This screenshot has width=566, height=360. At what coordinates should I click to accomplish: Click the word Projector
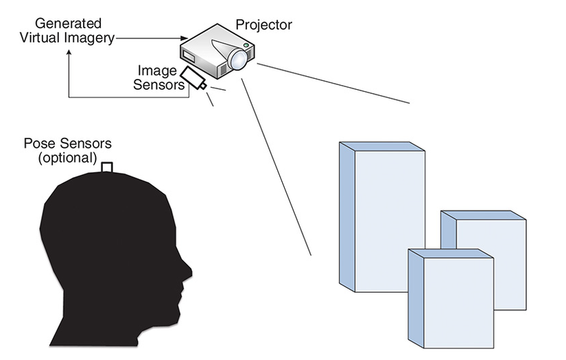pos(263,25)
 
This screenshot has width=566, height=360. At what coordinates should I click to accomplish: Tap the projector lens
pos(239,60)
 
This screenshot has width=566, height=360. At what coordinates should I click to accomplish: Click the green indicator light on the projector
pos(245,45)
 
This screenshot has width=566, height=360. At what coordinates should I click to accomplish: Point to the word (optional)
pos(67,158)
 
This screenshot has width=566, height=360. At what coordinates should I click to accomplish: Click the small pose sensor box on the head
pos(106,167)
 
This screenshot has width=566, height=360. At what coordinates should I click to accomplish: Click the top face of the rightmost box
pos(483,215)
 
